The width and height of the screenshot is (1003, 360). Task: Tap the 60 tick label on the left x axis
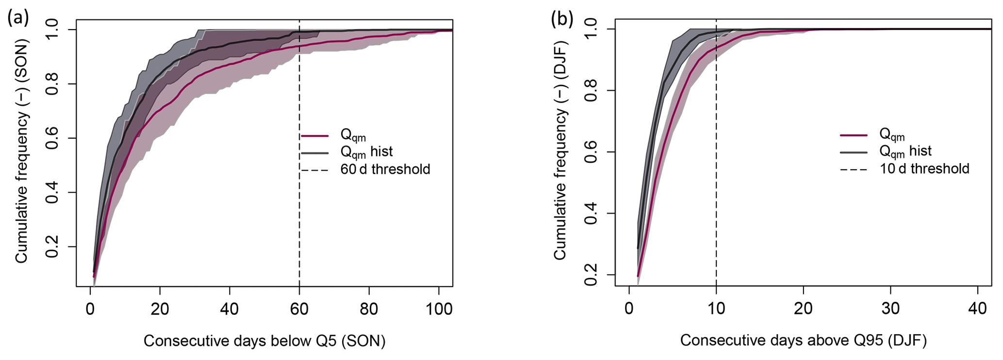pyautogui.click(x=299, y=309)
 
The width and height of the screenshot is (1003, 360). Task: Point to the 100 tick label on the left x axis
pyautogui.click(x=439, y=309)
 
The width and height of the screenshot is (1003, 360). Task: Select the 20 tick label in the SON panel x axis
pyautogui.click(x=160, y=309)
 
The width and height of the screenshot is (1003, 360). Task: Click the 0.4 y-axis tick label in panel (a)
pyautogui.click(x=54, y=193)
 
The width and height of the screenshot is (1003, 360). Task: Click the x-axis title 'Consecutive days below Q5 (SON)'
pyautogui.click(x=264, y=341)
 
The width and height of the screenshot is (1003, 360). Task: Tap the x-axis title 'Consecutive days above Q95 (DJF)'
pyautogui.click(x=803, y=341)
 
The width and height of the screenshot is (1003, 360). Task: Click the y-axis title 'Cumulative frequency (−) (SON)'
pyautogui.click(x=22, y=150)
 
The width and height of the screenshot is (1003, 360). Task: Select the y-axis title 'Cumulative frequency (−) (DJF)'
pyautogui.click(x=560, y=150)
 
